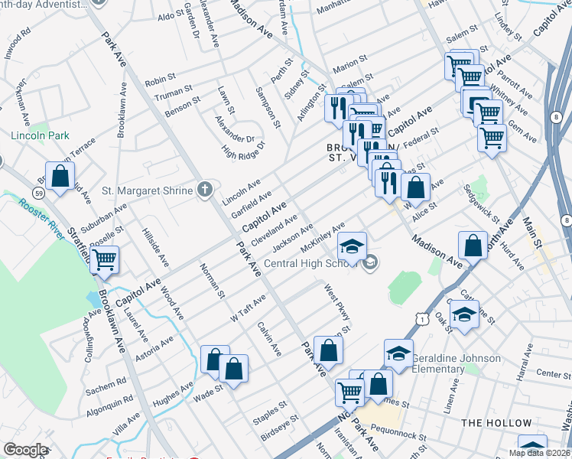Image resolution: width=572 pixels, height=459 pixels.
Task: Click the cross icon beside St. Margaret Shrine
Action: [x=204, y=190]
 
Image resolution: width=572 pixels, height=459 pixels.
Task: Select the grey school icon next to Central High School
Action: [x=371, y=263]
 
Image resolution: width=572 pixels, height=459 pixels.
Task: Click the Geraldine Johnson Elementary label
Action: [x=457, y=363]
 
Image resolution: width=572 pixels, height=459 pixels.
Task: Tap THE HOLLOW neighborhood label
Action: [x=496, y=423]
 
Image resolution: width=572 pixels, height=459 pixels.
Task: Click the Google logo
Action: [x=25, y=450]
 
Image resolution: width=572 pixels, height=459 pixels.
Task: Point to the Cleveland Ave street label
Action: [x=275, y=229]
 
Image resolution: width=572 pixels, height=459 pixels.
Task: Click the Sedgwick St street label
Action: [x=480, y=204]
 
